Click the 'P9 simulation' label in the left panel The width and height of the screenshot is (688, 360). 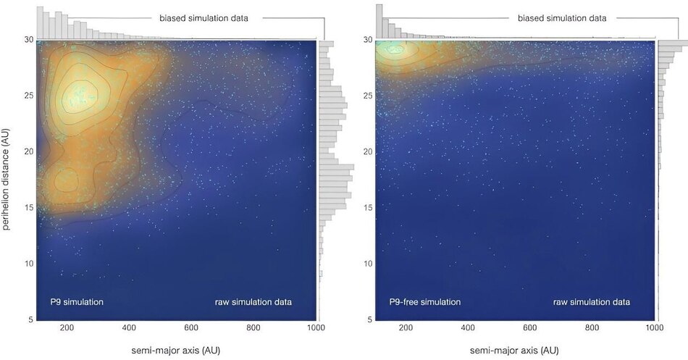pos(77,301)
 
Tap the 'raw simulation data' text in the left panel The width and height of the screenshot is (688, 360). pos(253,301)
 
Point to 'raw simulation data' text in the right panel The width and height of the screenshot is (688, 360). pos(592,301)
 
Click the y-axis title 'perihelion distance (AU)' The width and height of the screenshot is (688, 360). pos(7,177)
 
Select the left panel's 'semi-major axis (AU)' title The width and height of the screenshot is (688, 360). pos(176,350)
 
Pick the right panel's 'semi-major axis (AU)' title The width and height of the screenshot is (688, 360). pos(516,350)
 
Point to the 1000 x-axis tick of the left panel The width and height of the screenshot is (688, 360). pos(316,328)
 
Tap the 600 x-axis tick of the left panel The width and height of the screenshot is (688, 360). pos(191,328)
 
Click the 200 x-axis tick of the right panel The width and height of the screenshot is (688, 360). pos(406,328)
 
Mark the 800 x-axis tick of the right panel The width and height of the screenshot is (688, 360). pos(592,328)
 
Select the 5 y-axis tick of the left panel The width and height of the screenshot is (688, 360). pos(30,319)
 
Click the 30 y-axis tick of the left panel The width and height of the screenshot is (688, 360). pos(28,40)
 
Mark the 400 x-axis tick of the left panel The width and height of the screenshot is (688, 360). pos(129,328)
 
